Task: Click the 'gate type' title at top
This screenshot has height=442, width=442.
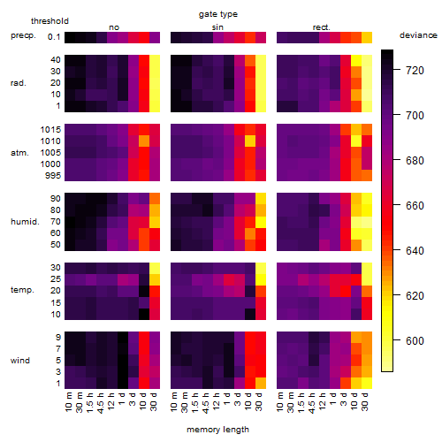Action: pos(218,14)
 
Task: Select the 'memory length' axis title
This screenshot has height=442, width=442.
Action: pos(217,430)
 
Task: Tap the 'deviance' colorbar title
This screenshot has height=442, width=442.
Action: pos(418,35)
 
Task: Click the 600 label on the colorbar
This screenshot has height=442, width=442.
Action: pos(415,340)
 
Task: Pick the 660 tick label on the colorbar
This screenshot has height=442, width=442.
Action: pos(415,205)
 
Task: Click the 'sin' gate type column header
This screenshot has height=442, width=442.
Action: pos(217,27)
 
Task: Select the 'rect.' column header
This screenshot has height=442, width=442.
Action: pos(322,27)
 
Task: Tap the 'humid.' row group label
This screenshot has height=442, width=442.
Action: pos(25,221)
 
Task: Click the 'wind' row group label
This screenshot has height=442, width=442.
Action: pos(20,360)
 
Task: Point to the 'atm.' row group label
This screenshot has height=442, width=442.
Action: pos(19,153)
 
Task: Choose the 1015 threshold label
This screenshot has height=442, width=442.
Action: pos(50,129)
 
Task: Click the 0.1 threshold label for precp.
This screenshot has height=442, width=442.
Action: pos(54,37)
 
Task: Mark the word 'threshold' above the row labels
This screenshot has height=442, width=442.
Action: pos(50,21)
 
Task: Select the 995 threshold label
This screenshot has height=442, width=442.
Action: pos(53,176)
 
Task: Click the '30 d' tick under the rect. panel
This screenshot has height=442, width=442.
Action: pos(365,401)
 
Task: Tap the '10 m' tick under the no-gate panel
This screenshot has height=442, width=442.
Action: pos(68,402)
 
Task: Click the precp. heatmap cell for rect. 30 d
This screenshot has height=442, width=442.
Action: pos(367,37)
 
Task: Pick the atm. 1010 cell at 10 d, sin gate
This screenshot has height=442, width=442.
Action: pos(250,141)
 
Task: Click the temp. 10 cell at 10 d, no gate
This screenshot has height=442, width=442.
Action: pos(144,314)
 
